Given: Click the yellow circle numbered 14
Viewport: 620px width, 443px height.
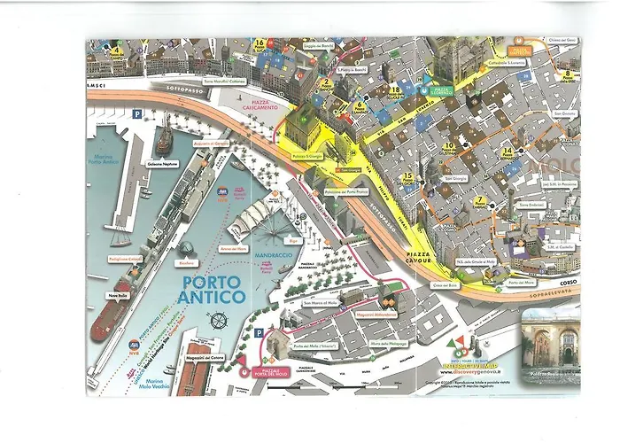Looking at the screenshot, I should [507, 151].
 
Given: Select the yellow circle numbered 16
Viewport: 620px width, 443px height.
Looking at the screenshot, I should [260, 43].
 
